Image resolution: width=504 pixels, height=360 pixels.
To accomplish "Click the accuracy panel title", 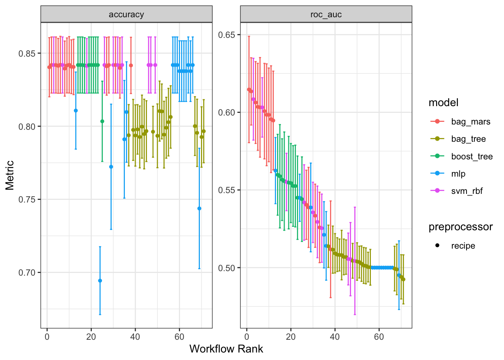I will click(x=126, y=15).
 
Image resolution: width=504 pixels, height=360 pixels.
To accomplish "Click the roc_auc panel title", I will click(x=326, y=15).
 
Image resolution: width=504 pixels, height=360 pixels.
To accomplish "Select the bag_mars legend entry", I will click(x=471, y=122).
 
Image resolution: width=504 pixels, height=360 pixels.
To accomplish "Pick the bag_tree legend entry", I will click(x=468, y=139).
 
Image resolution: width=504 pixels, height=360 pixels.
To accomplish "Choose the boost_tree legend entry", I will click(x=472, y=156).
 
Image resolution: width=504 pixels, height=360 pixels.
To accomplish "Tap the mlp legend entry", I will click(x=458, y=174).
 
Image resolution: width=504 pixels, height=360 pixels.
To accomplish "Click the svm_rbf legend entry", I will click(x=467, y=191).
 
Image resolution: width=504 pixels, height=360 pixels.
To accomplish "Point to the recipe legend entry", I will click(x=463, y=246).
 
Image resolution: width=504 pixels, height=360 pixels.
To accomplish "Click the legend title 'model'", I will click(x=443, y=103).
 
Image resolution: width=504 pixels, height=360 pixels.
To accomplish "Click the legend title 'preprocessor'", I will click(x=460, y=227).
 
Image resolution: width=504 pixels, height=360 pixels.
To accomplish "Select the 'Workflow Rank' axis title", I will click(x=226, y=349).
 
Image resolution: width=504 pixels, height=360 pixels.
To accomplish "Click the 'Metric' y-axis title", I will click(x=10, y=175).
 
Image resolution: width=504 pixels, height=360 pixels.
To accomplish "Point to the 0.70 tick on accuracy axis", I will click(x=27, y=273).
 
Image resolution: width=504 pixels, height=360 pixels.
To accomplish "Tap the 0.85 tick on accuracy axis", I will click(x=27, y=53).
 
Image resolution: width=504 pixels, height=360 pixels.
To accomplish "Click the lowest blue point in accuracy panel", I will click(x=100, y=280).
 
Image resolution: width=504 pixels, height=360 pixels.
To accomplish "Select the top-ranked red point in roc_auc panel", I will click(x=249, y=89).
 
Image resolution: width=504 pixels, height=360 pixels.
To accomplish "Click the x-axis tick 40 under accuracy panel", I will click(x=135, y=337).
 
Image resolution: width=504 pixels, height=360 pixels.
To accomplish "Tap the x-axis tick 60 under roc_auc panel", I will click(x=379, y=337).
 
